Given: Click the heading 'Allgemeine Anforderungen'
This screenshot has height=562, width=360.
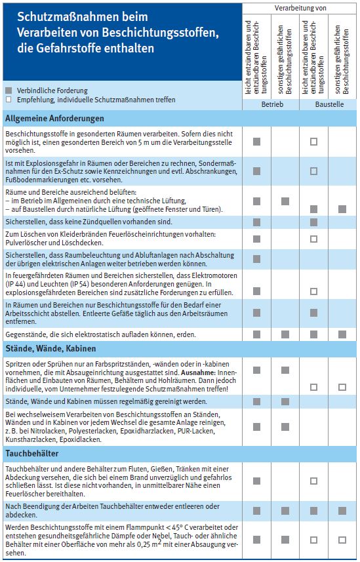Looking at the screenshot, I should (x=54, y=119).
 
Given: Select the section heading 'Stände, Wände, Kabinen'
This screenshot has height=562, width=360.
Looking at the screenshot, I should (x=50, y=348).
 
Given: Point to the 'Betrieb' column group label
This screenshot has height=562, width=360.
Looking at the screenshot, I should (x=271, y=104).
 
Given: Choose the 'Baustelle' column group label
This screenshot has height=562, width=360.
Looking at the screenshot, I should (x=329, y=104).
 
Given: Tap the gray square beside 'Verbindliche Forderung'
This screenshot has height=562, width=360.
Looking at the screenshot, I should (x=9, y=90).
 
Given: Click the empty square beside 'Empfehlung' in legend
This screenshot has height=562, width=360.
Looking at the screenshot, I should (x=9, y=100).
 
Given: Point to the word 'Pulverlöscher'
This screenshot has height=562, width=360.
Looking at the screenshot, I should (x=24, y=243).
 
